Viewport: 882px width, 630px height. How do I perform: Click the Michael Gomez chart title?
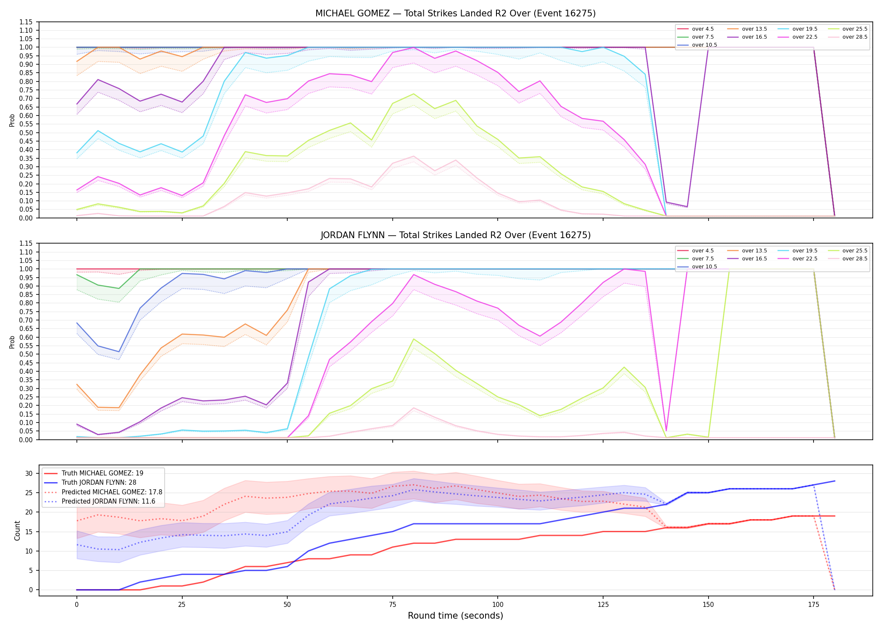click(455, 13)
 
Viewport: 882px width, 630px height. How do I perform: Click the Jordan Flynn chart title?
click(455, 235)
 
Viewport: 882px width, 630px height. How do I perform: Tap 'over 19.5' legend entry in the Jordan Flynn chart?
click(798, 251)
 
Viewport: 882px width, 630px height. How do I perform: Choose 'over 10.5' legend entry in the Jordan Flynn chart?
click(697, 267)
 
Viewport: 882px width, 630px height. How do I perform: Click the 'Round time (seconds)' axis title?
click(455, 616)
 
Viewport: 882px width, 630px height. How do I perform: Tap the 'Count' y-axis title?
click(17, 530)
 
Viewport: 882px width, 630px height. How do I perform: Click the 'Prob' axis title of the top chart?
click(12, 120)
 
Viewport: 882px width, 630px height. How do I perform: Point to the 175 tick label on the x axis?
click(814, 605)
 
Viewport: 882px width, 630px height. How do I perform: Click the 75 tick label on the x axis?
click(392, 605)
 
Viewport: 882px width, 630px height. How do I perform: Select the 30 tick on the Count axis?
click(29, 473)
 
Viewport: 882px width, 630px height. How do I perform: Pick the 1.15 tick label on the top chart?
click(26, 22)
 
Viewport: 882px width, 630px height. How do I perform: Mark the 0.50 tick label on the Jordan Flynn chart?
click(26, 354)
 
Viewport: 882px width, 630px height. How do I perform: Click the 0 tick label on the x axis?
click(76, 605)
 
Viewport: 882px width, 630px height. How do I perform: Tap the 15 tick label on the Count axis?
click(29, 532)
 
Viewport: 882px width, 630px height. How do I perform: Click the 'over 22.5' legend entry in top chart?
click(798, 37)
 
